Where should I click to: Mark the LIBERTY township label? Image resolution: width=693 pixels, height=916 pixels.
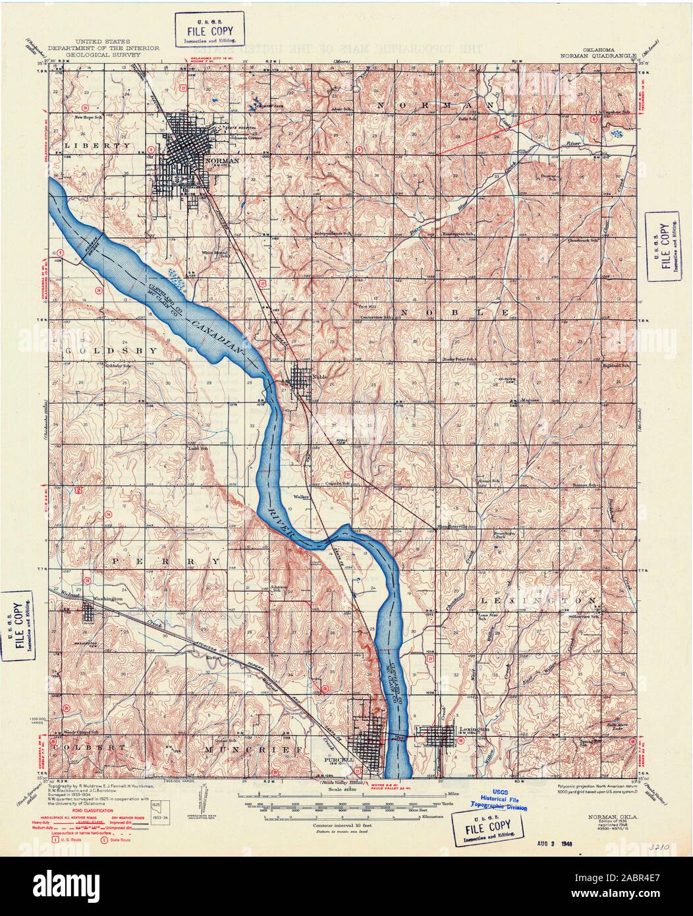pyautogui.click(x=102, y=144)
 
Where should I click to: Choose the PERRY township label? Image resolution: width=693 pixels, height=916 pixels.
pyautogui.click(x=155, y=560)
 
